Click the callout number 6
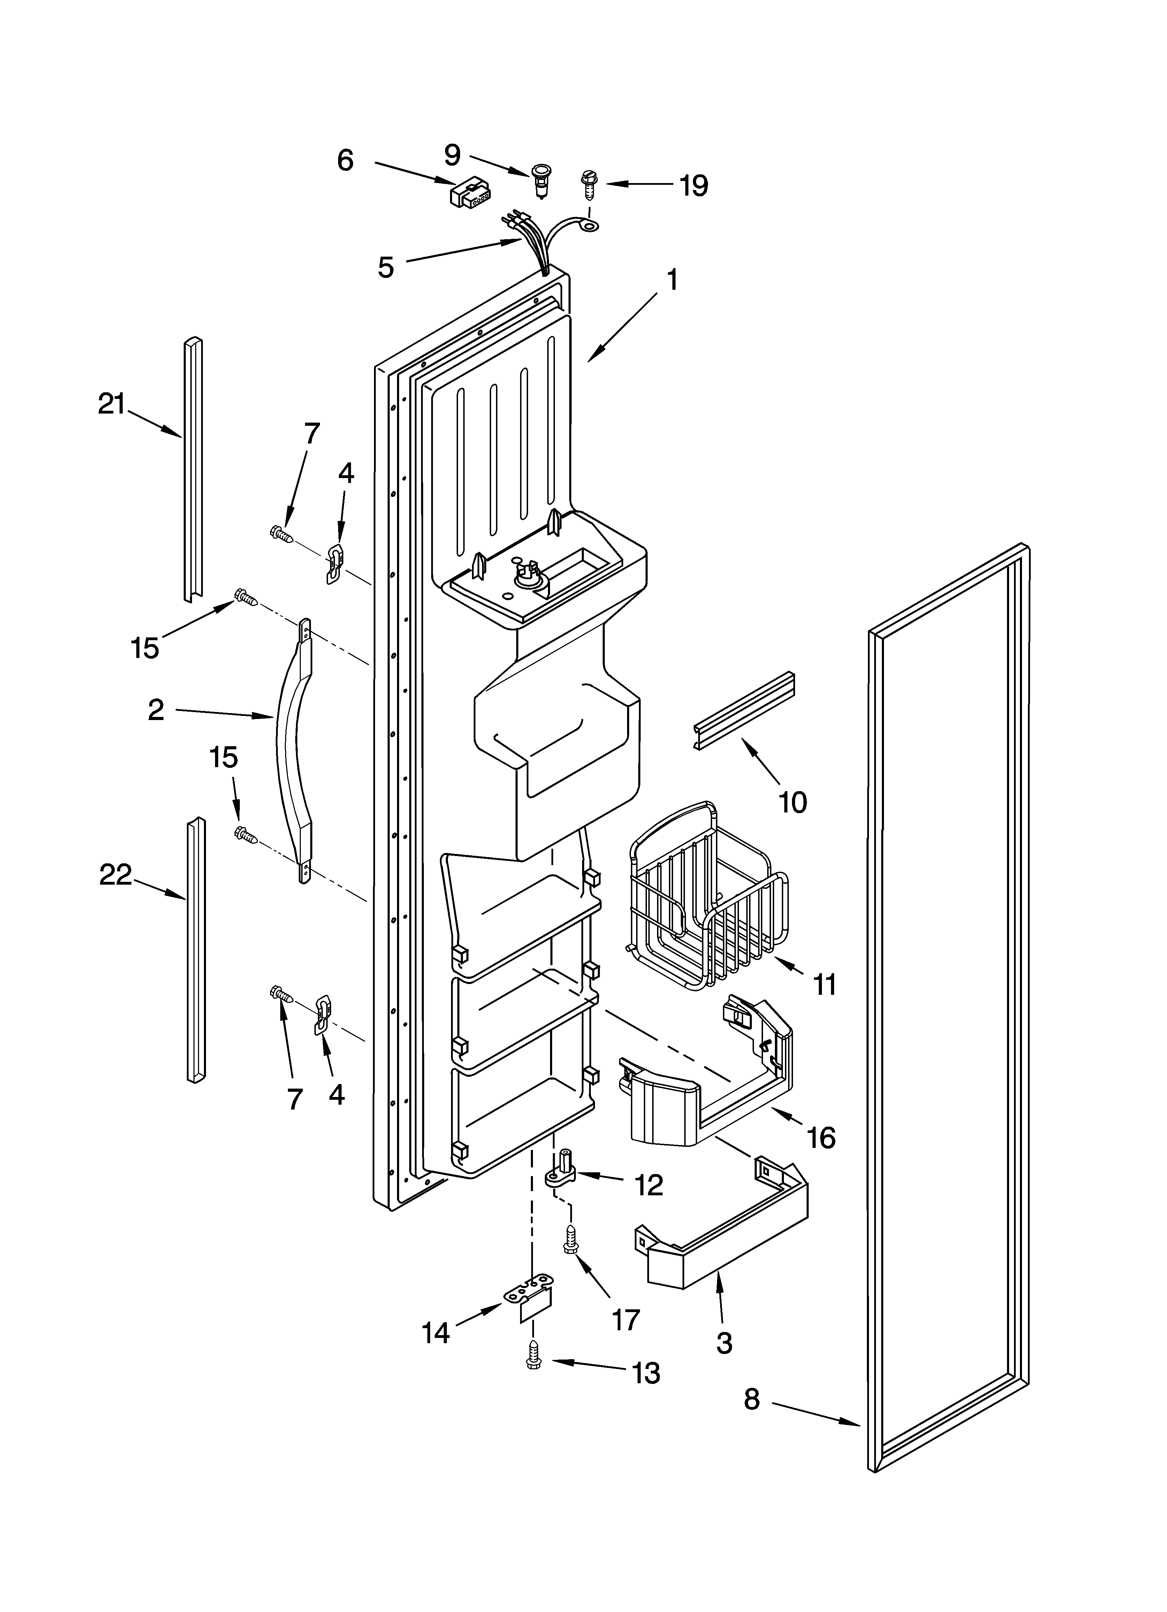[x=345, y=161]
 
